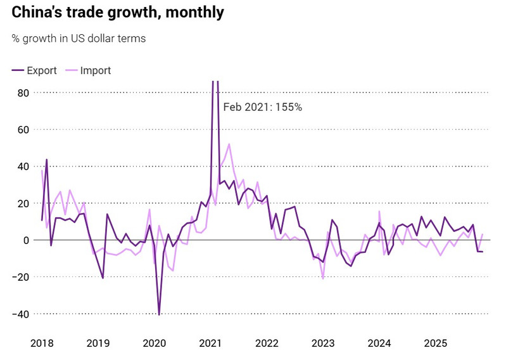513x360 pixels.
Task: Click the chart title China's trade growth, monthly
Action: click(x=117, y=12)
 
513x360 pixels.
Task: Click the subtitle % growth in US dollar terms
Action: click(x=79, y=39)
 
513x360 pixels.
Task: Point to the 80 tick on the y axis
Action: click(x=23, y=93)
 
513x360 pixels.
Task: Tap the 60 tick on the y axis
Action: click(x=23, y=130)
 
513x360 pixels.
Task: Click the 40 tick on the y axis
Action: click(x=23, y=167)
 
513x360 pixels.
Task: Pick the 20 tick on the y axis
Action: click(x=23, y=203)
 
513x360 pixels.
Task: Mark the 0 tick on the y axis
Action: click(x=26, y=240)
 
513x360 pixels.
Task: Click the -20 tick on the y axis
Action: click(x=20, y=277)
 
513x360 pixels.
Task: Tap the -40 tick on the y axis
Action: click(x=20, y=314)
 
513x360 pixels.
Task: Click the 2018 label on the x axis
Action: click(x=42, y=343)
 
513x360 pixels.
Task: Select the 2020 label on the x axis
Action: click(x=155, y=343)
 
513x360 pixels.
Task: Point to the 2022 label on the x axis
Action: click(x=267, y=343)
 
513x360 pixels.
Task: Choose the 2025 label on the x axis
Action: click(x=436, y=343)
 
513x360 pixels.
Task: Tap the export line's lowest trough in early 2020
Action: click(x=159, y=314)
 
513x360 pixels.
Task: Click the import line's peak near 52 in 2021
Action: click(x=229, y=145)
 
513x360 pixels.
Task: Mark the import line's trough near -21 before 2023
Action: click(x=323, y=279)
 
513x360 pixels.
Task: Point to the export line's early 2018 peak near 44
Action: click(x=46, y=160)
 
